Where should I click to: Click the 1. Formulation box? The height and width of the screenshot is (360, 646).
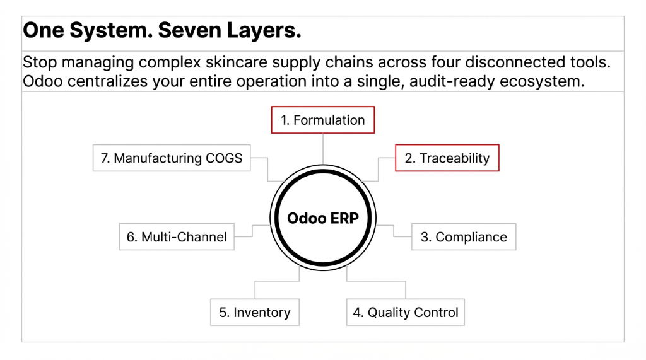pyautogui.click(x=322, y=120)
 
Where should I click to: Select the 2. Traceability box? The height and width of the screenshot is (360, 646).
pyautogui.click(x=447, y=158)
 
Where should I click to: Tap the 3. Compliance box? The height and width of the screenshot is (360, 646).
pyautogui.click(x=464, y=237)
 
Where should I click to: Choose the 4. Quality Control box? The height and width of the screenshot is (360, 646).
pyautogui.click(x=405, y=313)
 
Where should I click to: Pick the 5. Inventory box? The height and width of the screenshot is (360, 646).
pyautogui.click(x=254, y=313)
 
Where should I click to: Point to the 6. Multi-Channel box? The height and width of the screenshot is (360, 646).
pyautogui.click(x=177, y=237)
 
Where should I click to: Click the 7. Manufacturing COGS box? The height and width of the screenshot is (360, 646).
pyautogui.click(x=171, y=158)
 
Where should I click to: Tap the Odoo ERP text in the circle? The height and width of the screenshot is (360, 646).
pyautogui.click(x=322, y=218)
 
